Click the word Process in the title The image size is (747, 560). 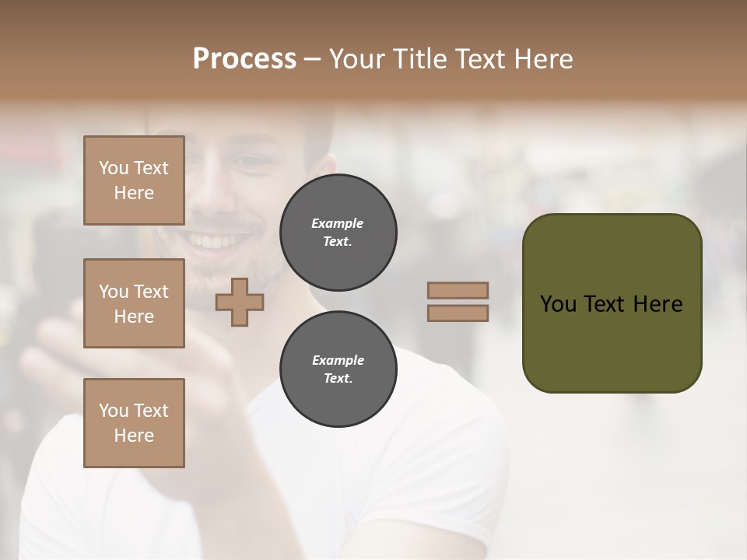(x=244, y=59)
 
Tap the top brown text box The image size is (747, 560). (x=134, y=180)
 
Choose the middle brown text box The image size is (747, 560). (x=134, y=303)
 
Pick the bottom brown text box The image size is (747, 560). (x=134, y=423)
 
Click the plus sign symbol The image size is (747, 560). (x=239, y=302)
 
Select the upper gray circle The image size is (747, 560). (x=338, y=233)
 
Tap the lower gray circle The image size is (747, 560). (x=338, y=369)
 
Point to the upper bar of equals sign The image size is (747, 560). (x=458, y=290)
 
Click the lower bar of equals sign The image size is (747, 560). (x=458, y=313)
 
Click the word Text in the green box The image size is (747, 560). (x=605, y=304)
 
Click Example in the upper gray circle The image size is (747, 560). (x=338, y=223)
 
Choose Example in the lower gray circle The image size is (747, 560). (x=338, y=360)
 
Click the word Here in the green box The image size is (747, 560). (x=658, y=304)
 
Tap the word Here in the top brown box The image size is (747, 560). (x=134, y=193)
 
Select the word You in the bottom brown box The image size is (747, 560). (x=114, y=411)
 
